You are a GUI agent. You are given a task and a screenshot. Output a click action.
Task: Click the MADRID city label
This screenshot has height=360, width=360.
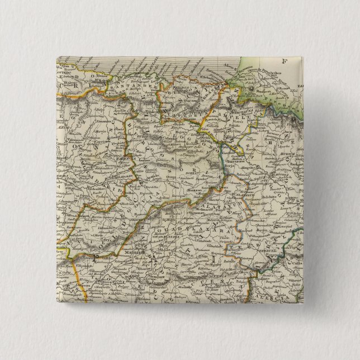click(x=126, y=253)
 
